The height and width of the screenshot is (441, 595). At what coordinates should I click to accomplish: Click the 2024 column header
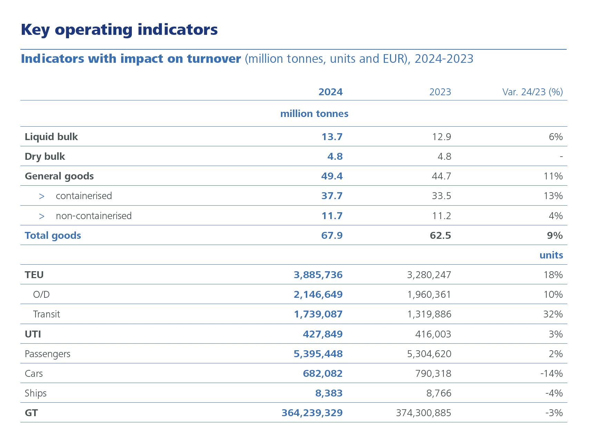[330, 92]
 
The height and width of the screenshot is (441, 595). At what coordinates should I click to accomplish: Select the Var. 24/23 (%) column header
[532, 92]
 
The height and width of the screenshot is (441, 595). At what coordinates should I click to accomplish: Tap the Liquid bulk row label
[51, 137]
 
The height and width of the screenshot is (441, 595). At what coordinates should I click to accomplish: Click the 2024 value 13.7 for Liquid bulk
[332, 137]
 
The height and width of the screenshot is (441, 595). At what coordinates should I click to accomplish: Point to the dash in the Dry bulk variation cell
[561, 157]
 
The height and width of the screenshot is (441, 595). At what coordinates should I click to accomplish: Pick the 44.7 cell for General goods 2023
[441, 176]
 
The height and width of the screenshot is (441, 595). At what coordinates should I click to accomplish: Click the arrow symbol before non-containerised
[42, 216]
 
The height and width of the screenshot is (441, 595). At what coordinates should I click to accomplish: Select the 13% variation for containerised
[553, 196]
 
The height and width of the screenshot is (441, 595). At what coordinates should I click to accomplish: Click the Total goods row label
[53, 235]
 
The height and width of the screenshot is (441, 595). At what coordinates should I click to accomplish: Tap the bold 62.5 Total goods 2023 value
[440, 235]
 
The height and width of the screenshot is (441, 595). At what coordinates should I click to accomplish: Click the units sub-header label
[551, 255]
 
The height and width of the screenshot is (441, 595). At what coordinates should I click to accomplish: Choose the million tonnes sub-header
[314, 114]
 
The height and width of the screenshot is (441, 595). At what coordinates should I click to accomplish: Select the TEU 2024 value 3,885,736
[318, 275]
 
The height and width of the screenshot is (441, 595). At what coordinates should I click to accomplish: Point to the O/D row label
[41, 294]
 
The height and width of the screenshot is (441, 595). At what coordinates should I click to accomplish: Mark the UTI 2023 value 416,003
[433, 334]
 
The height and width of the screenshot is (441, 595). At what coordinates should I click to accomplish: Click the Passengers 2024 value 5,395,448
[318, 354]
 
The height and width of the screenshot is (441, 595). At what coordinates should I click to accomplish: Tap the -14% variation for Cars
[551, 373]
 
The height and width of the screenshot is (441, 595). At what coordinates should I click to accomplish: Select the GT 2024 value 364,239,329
[312, 413]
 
